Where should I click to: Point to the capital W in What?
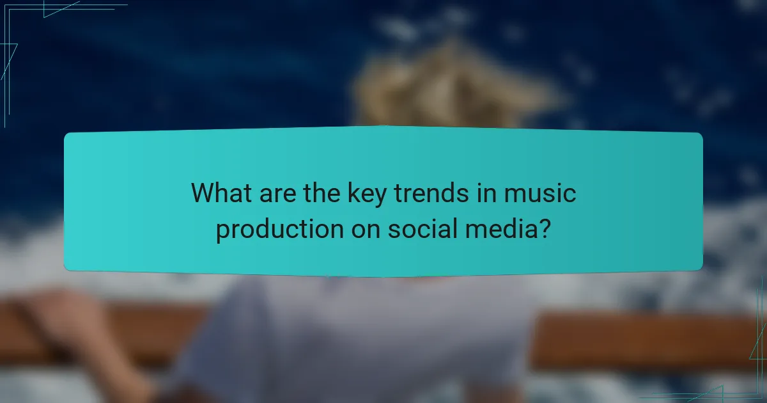pyautogui.click(x=203, y=193)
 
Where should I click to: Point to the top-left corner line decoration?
pyautogui.click(x=38, y=10)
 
